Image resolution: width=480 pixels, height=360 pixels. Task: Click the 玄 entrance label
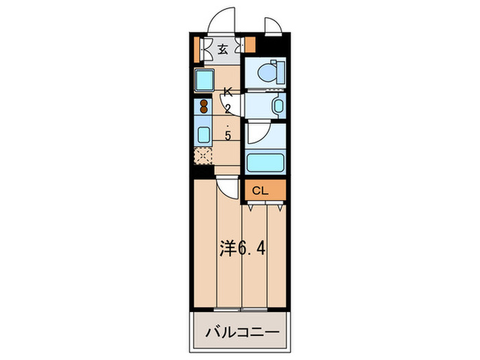click(x=224, y=49)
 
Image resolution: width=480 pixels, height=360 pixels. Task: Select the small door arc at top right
click(x=271, y=23)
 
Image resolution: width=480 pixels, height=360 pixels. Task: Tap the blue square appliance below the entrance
click(x=204, y=81)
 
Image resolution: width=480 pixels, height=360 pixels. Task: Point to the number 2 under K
click(x=228, y=108)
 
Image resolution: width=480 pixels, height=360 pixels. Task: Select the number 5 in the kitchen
click(x=228, y=135)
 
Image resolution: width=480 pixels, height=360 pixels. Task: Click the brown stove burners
click(x=203, y=107)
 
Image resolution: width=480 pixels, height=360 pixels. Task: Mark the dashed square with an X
click(x=204, y=157)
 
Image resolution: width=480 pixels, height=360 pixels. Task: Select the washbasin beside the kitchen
click(x=276, y=106)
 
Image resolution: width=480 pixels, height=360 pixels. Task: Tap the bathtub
click(x=265, y=163)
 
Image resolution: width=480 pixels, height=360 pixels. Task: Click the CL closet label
click(x=260, y=191)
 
